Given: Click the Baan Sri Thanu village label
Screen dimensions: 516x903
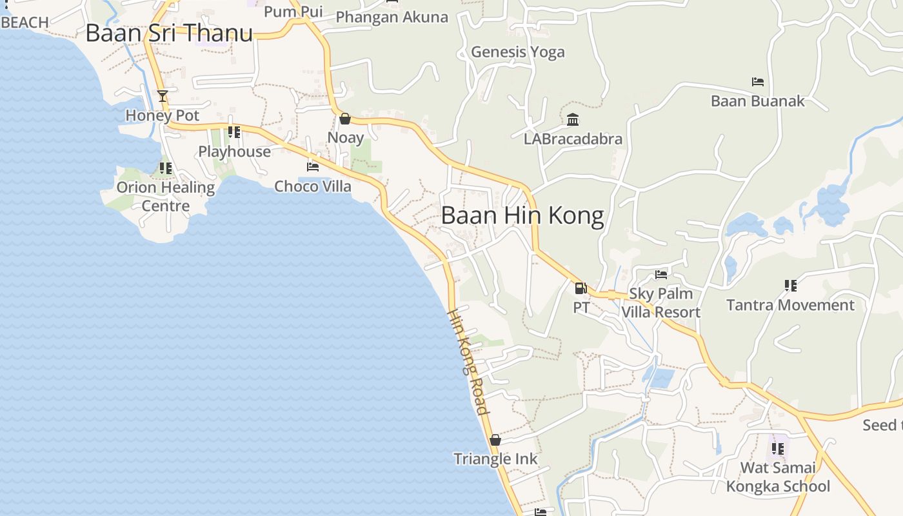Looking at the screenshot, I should [x=169, y=34].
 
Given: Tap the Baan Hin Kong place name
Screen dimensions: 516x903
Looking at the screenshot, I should [x=522, y=215].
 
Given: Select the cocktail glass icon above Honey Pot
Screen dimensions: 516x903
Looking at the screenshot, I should [x=163, y=97].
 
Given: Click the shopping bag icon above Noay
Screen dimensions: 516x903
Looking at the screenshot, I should [x=345, y=119].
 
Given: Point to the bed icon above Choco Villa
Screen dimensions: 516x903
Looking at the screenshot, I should [x=313, y=166].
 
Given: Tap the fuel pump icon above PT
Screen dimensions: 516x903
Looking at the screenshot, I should [x=581, y=288].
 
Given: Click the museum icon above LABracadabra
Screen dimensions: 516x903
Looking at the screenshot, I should [x=573, y=119].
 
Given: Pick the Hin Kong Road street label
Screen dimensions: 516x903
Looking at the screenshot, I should [x=469, y=361].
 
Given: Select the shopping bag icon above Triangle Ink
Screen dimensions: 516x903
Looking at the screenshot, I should [x=495, y=440].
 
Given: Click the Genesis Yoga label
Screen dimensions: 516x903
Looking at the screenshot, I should [x=518, y=52].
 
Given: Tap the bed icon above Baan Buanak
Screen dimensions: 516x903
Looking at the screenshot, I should [x=758, y=82].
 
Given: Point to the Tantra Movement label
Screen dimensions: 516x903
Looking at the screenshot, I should [x=790, y=305].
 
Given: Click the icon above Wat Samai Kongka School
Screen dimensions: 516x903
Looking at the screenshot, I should [x=778, y=448].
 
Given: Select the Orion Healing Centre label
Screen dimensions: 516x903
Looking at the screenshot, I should [x=166, y=197].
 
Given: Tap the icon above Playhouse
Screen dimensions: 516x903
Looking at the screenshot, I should [x=234, y=132].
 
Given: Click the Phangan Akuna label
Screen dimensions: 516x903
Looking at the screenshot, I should [x=392, y=17].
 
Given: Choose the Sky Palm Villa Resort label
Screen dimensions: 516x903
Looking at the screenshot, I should [x=660, y=303].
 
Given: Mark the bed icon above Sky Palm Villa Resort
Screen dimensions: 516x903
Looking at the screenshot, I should [x=661, y=275].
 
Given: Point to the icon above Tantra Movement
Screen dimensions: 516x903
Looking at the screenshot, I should [x=790, y=285].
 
